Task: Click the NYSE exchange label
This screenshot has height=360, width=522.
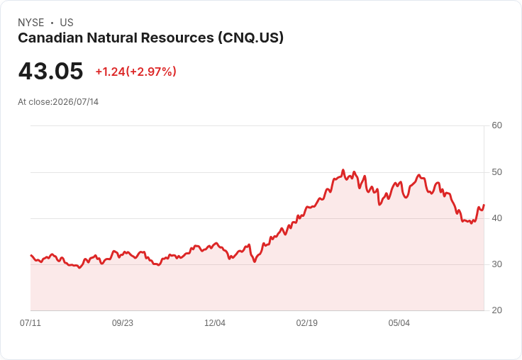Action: [31, 23]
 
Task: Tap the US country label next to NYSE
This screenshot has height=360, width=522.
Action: [67, 23]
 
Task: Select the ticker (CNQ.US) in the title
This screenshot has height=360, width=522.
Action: [251, 38]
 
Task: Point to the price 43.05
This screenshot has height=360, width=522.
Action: [50, 71]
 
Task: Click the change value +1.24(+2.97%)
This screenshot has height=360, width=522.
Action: [136, 72]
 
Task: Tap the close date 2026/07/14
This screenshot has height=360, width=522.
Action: [76, 102]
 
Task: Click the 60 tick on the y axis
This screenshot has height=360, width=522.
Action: [496, 125]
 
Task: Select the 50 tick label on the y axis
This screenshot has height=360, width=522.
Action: [496, 172]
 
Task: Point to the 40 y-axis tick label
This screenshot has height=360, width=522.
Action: [496, 218]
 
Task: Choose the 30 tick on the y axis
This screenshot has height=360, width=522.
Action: [496, 264]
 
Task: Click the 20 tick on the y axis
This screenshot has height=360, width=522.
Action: [496, 310]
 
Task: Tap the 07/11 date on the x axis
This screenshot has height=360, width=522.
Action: [30, 323]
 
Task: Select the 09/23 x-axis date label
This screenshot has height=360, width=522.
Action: [123, 323]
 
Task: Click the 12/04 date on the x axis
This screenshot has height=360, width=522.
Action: [215, 323]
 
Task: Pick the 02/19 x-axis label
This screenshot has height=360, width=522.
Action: [307, 323]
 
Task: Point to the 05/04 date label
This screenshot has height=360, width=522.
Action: [399, 323]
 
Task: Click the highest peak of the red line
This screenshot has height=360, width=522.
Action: [343, 170]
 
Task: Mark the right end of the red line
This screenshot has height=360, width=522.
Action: [484, 205]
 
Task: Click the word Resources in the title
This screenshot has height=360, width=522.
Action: [177, 38]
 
